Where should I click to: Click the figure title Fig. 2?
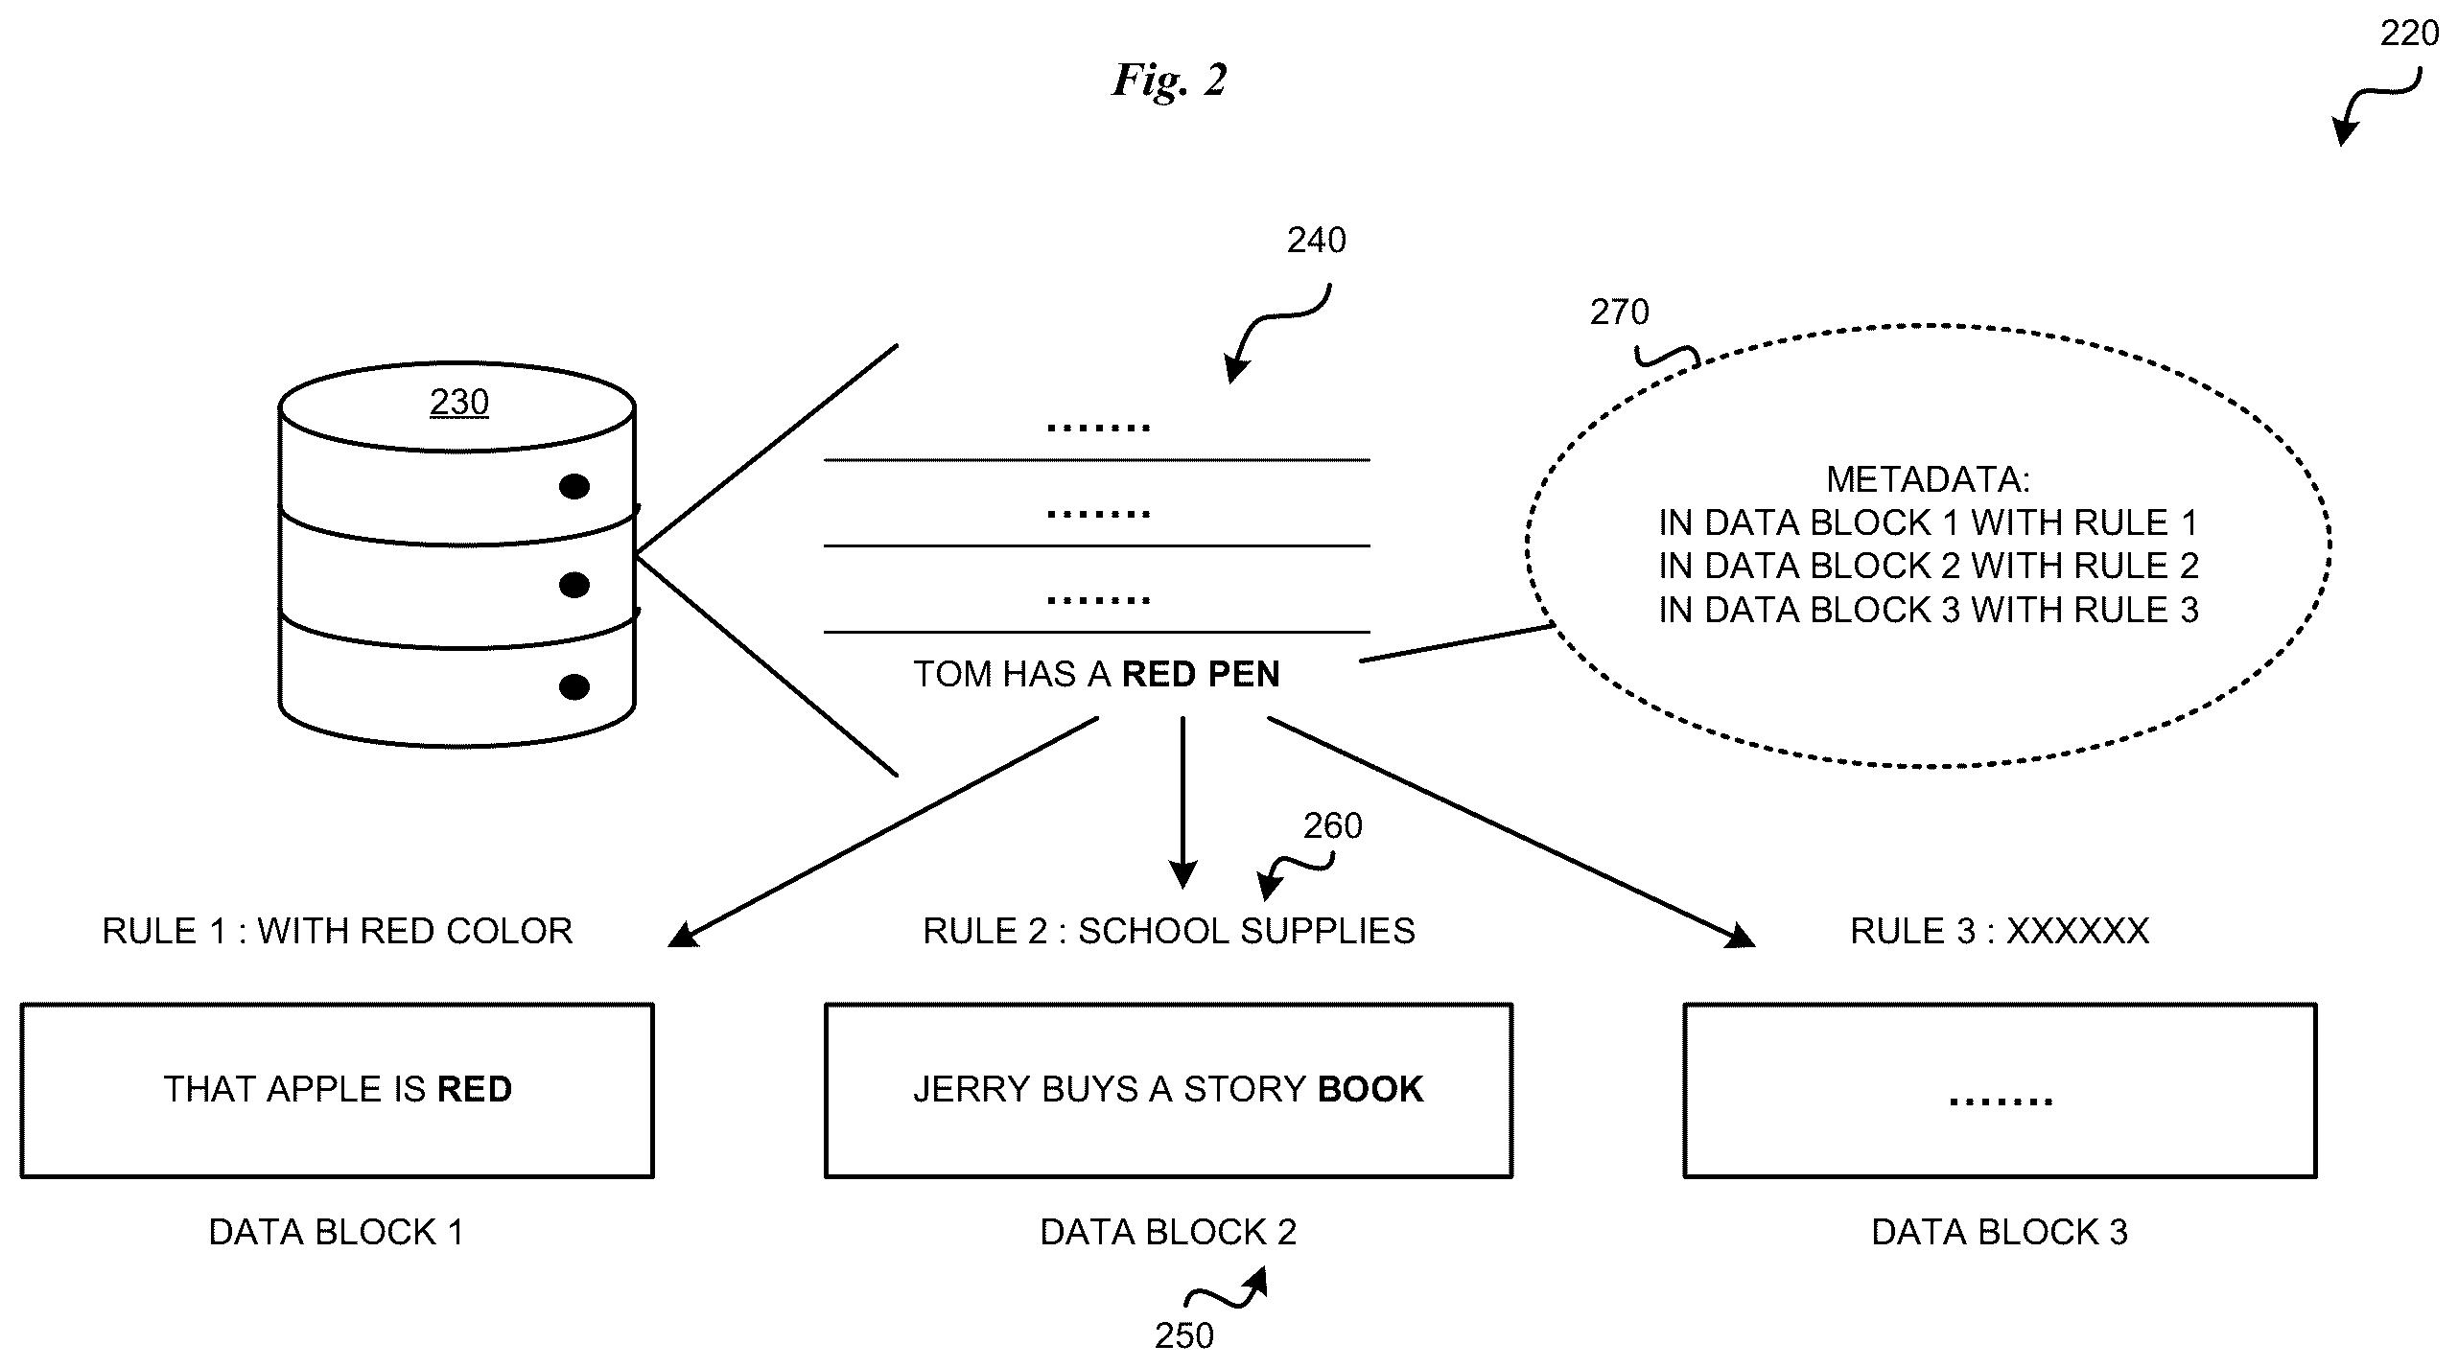[1169, 81]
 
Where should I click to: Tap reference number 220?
[2409, 34]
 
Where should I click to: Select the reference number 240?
[1316, 240]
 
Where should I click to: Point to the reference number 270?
[1619, 312]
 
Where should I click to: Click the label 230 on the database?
[459, 402]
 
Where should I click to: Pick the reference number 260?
[1332, 825]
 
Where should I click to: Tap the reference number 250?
[1184, 1334]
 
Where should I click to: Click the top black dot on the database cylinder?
[574, 487]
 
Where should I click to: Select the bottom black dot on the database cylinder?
[574, 686]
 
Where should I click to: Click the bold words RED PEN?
[1201, 674]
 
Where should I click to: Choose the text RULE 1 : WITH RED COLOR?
[338, 931]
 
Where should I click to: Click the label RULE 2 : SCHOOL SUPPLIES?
[1169, 931]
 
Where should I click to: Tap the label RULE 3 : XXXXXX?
[2000, 931]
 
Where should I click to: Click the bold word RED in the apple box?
[475, 1089]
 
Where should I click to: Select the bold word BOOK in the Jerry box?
[1370, 1089]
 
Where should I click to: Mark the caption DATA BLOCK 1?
[337, 1232]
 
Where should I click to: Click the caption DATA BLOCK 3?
[2000, 1232]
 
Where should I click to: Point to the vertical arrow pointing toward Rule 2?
[1182, 802]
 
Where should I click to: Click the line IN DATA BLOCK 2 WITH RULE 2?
[1929, 566]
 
